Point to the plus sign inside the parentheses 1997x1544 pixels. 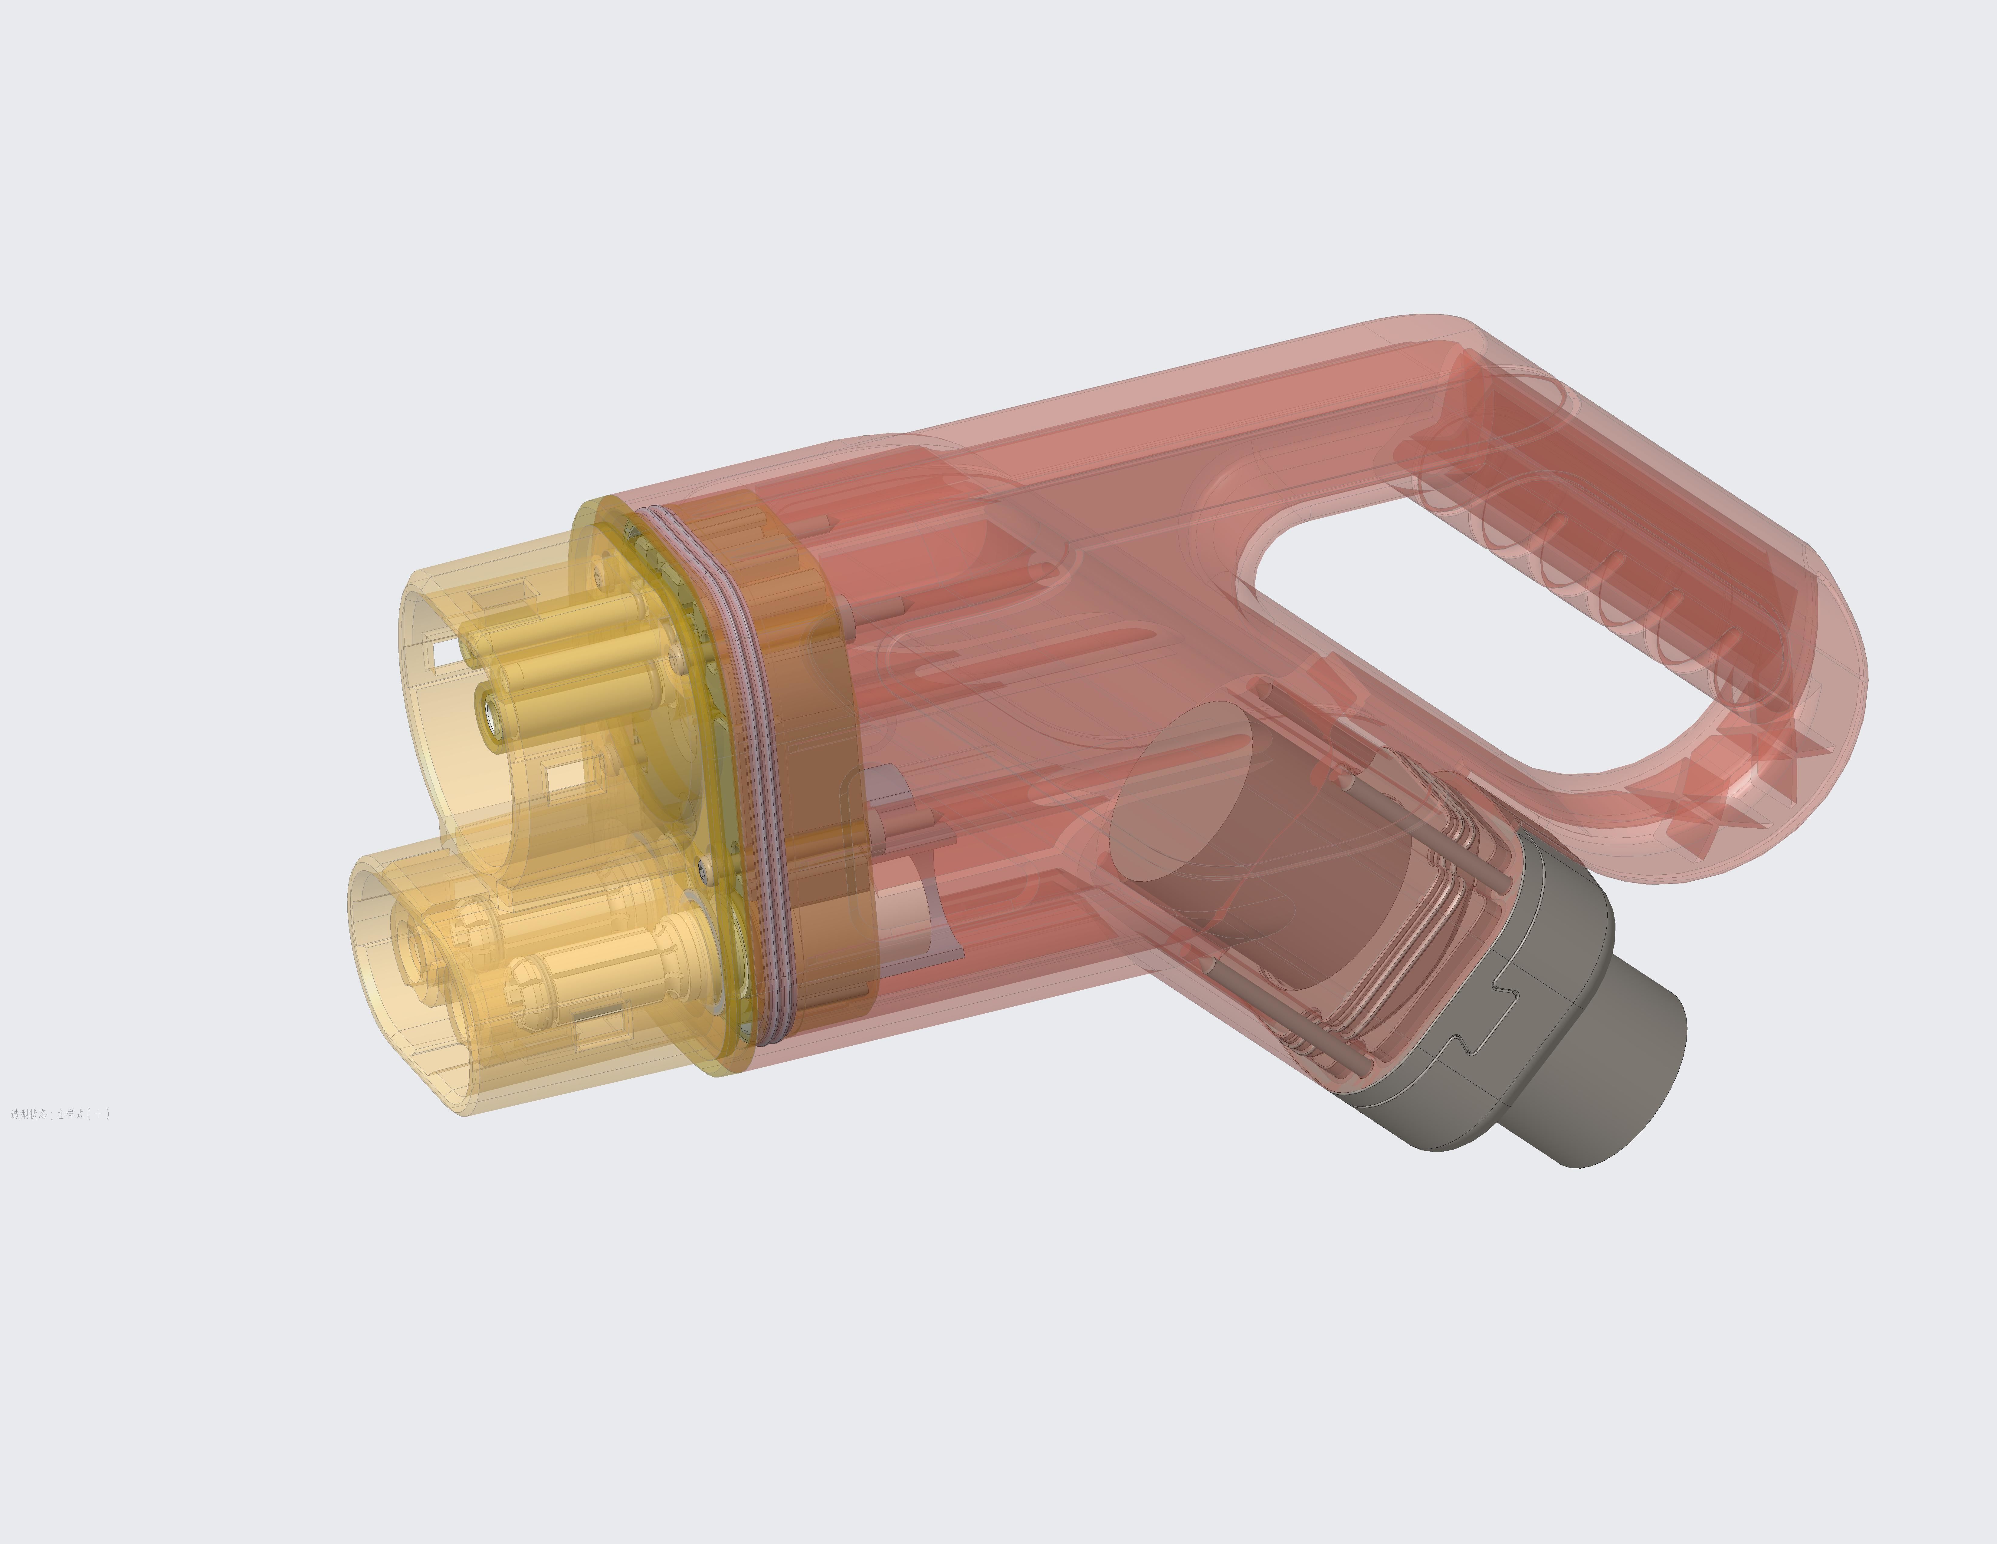click(x=98, y=1114)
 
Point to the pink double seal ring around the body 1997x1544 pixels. click(x=750, y=732)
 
